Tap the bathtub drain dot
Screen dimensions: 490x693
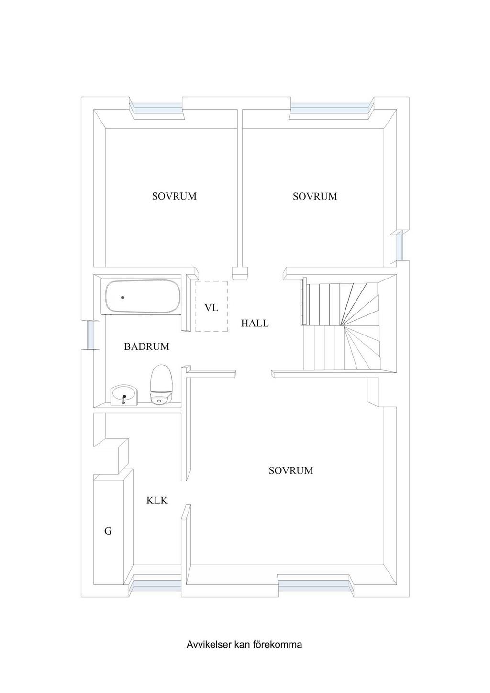(123, 297)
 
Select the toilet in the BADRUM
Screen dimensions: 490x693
(161, 385)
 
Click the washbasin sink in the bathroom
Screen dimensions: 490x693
(124, 396)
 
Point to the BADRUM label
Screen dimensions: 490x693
(146, 346)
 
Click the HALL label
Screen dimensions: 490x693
(255, 324)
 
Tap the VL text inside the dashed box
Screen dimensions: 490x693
(212, 308)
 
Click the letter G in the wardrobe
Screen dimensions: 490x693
(108, 531)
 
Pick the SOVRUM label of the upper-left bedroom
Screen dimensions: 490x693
(175, 196)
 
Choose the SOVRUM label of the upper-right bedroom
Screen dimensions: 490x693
(315, 196)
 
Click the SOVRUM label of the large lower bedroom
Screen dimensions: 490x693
(291, 470)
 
